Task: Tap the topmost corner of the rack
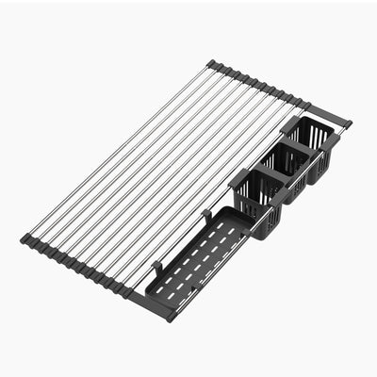click(211, 65)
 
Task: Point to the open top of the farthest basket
click(308, 131)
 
